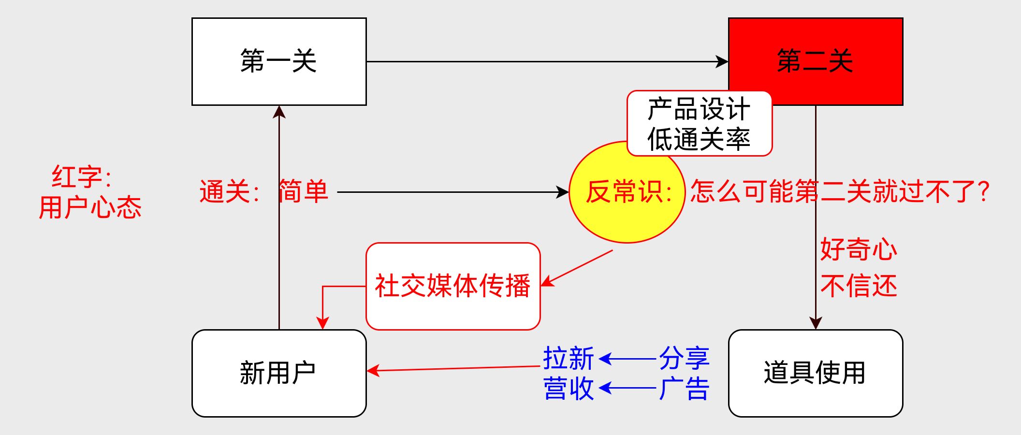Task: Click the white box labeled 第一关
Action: point(279,61)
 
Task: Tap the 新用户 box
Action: point(279,373)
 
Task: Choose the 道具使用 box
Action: point(816,373)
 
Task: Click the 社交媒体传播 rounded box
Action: point(453,286)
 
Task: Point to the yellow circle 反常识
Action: point(627,192)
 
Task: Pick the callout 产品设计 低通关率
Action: point(699,124)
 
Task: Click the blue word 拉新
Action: point(569,359)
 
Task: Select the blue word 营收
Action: point(569,389)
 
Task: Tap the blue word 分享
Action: point(684,359)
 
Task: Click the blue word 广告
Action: point(684,389)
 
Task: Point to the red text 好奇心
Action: point(859,250)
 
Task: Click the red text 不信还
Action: point(859,286)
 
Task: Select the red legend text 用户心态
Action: point(90,208)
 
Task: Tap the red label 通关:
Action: point(230,192)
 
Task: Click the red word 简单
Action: point(304,192)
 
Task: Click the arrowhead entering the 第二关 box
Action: point(722,61)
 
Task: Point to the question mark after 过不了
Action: point(983,192)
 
